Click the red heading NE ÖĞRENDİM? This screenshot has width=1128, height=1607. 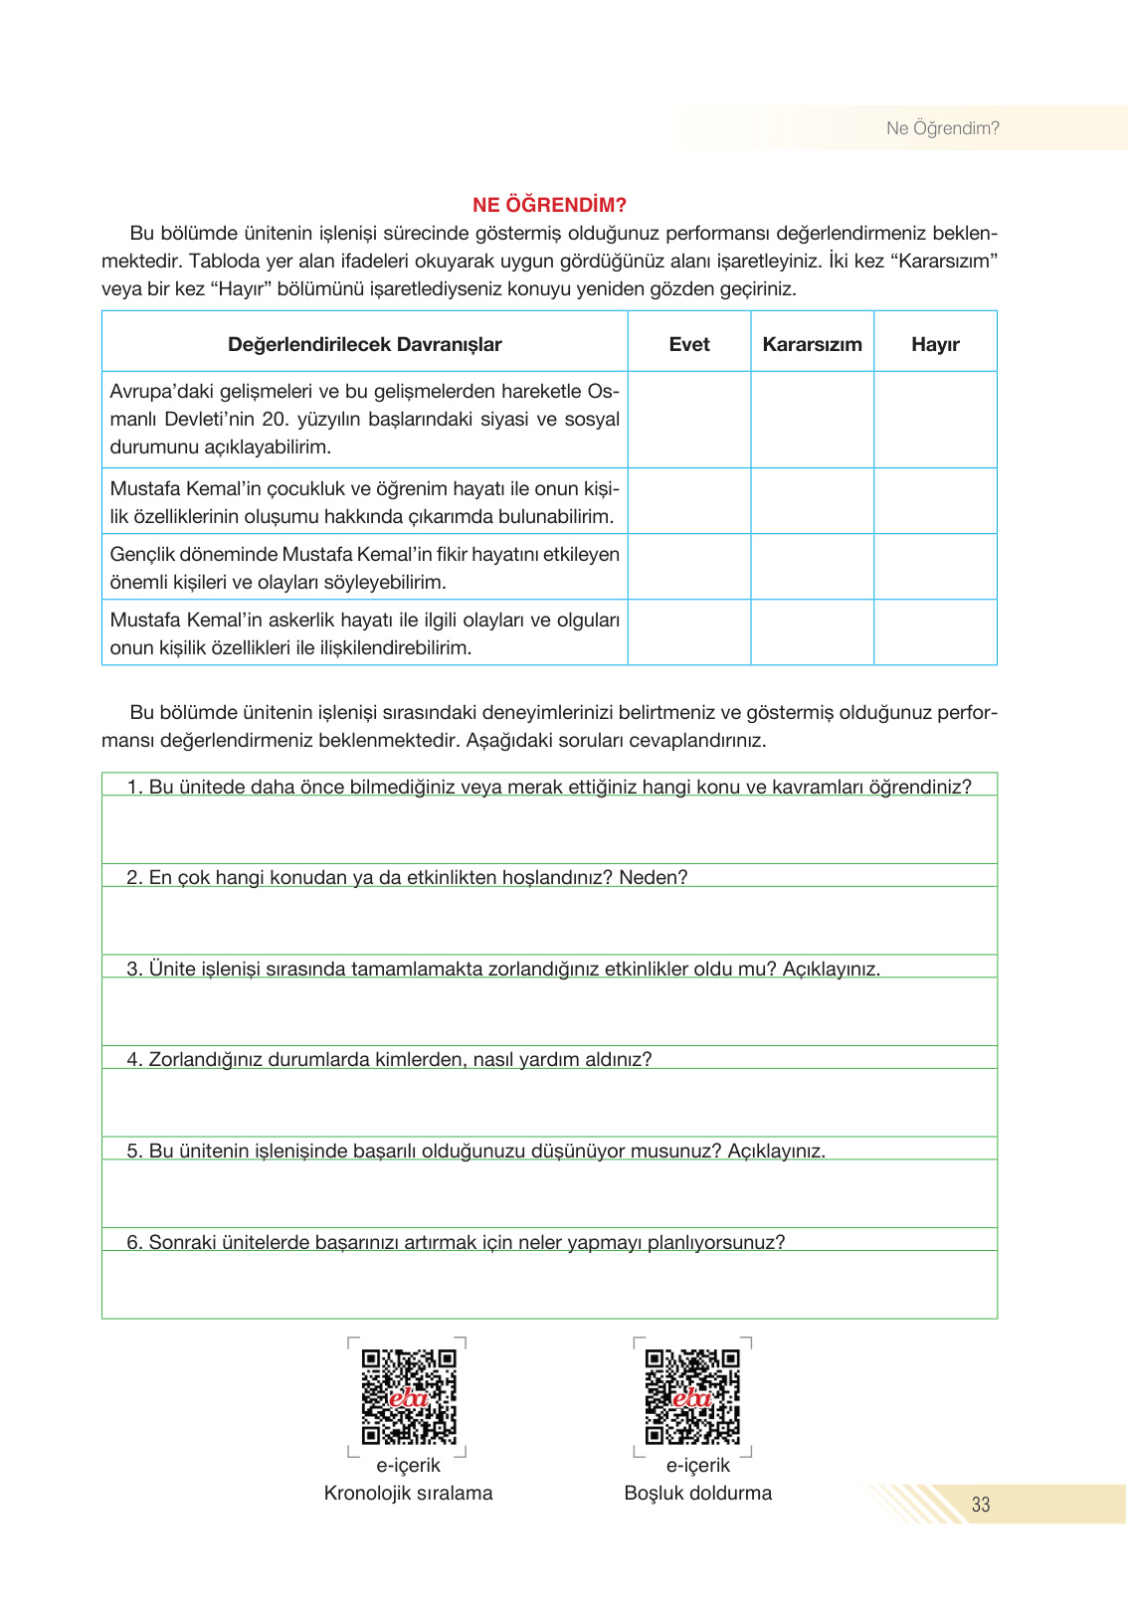coord(549,205)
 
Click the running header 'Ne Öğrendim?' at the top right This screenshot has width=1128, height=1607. coord(942,128)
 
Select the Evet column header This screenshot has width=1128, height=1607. coord(688,344)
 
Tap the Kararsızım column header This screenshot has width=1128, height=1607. coord(812,344)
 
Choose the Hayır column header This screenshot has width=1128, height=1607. coord(935,344)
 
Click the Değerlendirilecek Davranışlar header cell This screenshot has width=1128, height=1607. coord(364,344)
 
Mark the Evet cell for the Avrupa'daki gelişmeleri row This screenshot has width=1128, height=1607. coord(688,420)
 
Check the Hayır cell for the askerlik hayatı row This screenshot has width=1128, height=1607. coord(935,632)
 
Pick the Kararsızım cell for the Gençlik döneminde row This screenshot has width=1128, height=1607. coord(812,567)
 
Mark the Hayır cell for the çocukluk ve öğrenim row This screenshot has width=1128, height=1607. coord(935,501)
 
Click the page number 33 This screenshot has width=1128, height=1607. coord(981,1505)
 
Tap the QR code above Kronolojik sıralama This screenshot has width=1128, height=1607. coord(408,1396)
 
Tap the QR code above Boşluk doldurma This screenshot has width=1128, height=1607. coord(692,1396)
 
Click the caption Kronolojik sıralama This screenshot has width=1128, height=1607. coord(408,1493)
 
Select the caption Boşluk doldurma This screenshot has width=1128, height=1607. coord(697,1493)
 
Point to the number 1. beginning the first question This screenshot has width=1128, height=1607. coord(135,787)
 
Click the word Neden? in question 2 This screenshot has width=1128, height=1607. coord(653,877)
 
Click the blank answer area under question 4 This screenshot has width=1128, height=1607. coord(549,1103)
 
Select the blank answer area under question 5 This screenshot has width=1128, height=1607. coord(549,1193)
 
